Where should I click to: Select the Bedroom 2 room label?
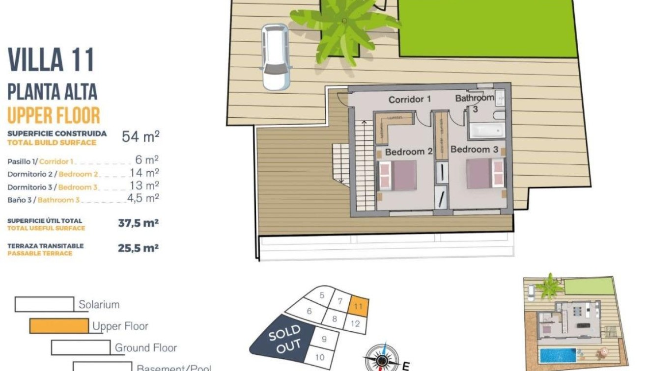pyautogui.click(x=408, y=152)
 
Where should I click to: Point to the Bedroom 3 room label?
pyautogui.click(x=474, y=149)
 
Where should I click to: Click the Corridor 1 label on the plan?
pyautogui.click(x=409, y=100)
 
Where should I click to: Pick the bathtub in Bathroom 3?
pyautogui.click(x=486, y=130)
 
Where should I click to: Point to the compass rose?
pyautogui.click(x=381, y=361)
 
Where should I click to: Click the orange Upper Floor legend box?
pyautogui.click(x=58, y=326)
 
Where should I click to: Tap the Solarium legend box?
pyautogui.click(x=44, y=304)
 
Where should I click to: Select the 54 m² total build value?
pyautogui.click(x=141, y=136)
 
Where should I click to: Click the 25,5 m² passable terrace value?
pyautogui.click(x=138, y=248)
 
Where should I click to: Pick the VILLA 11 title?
pyautogui.click(x=51, y=60)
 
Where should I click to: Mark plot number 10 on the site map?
pyautogui.click(x=319, y=357)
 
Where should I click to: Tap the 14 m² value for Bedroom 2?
pyautogui.click(x=144, y=173)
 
